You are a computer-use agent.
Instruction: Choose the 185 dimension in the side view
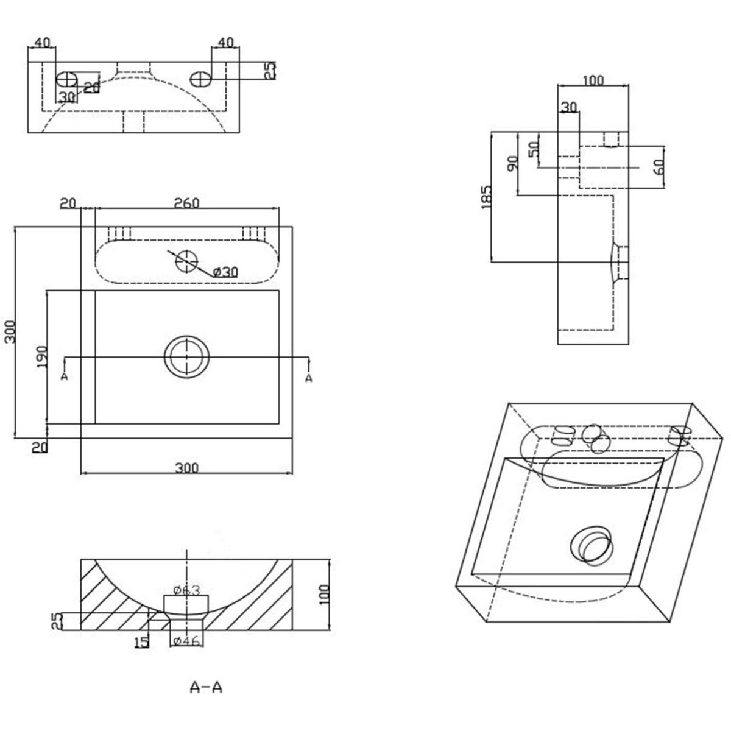click(x=486, y=197)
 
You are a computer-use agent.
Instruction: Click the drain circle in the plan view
click(x=186, y=357)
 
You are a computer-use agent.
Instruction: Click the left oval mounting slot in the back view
click(x=67, y=79)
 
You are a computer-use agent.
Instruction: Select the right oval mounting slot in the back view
click(x=200, y=79)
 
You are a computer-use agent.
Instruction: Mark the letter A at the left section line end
click(x=65, y=378)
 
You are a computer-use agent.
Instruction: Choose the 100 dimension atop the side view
click(x=593, y=80)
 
